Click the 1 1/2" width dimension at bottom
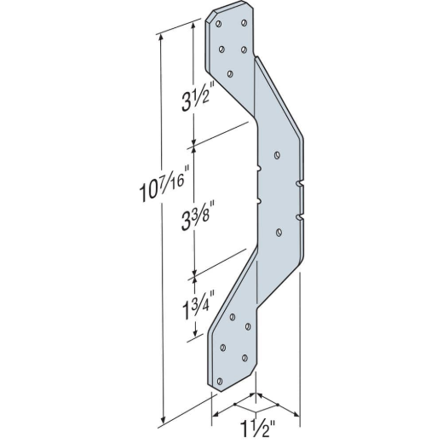[257, 429]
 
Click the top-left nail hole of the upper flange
[218, 24]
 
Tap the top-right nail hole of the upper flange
[244, 23]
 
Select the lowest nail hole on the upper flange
[230, 74]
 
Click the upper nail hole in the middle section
[277, 155]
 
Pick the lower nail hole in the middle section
[279, 233]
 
